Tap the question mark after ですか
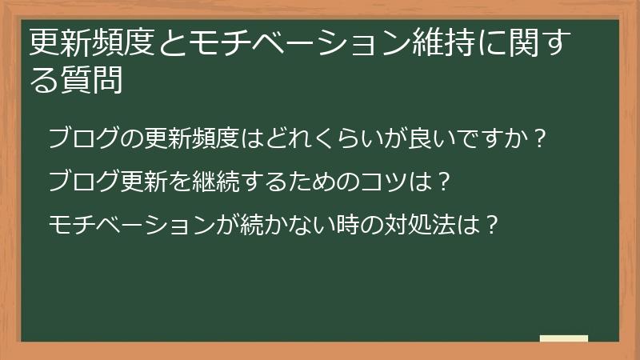(540, 139)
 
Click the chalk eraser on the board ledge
(564, 338)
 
